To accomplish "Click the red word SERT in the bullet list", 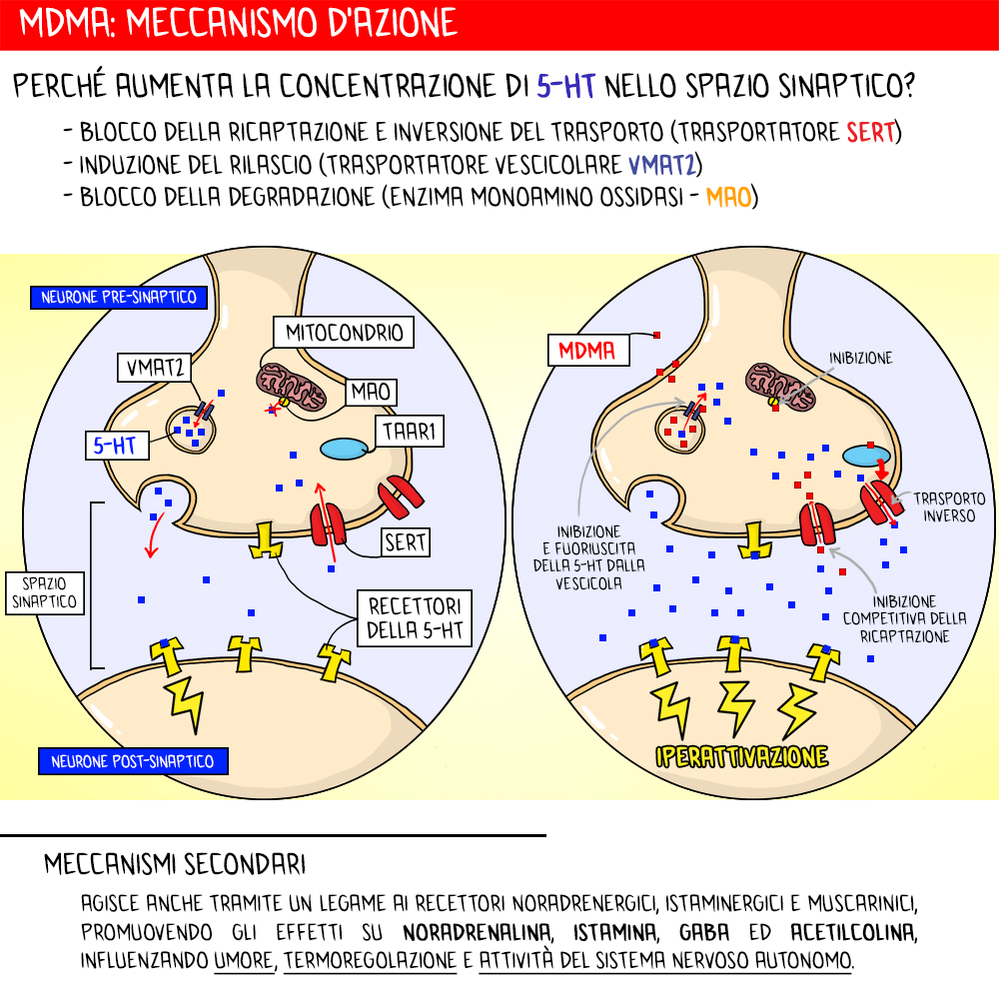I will (x=869, y=132).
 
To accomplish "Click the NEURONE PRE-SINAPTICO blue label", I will (x=118, y=297).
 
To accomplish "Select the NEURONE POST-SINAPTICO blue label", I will (x=133, y=761).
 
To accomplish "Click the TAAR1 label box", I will (x=405, y=432).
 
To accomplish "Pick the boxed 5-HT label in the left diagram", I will (x=115, y=447).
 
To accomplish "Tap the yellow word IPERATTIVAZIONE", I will (x=741, y=755).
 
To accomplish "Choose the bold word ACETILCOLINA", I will (x=852, y=933).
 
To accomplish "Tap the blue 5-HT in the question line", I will (x=565, y=87).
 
